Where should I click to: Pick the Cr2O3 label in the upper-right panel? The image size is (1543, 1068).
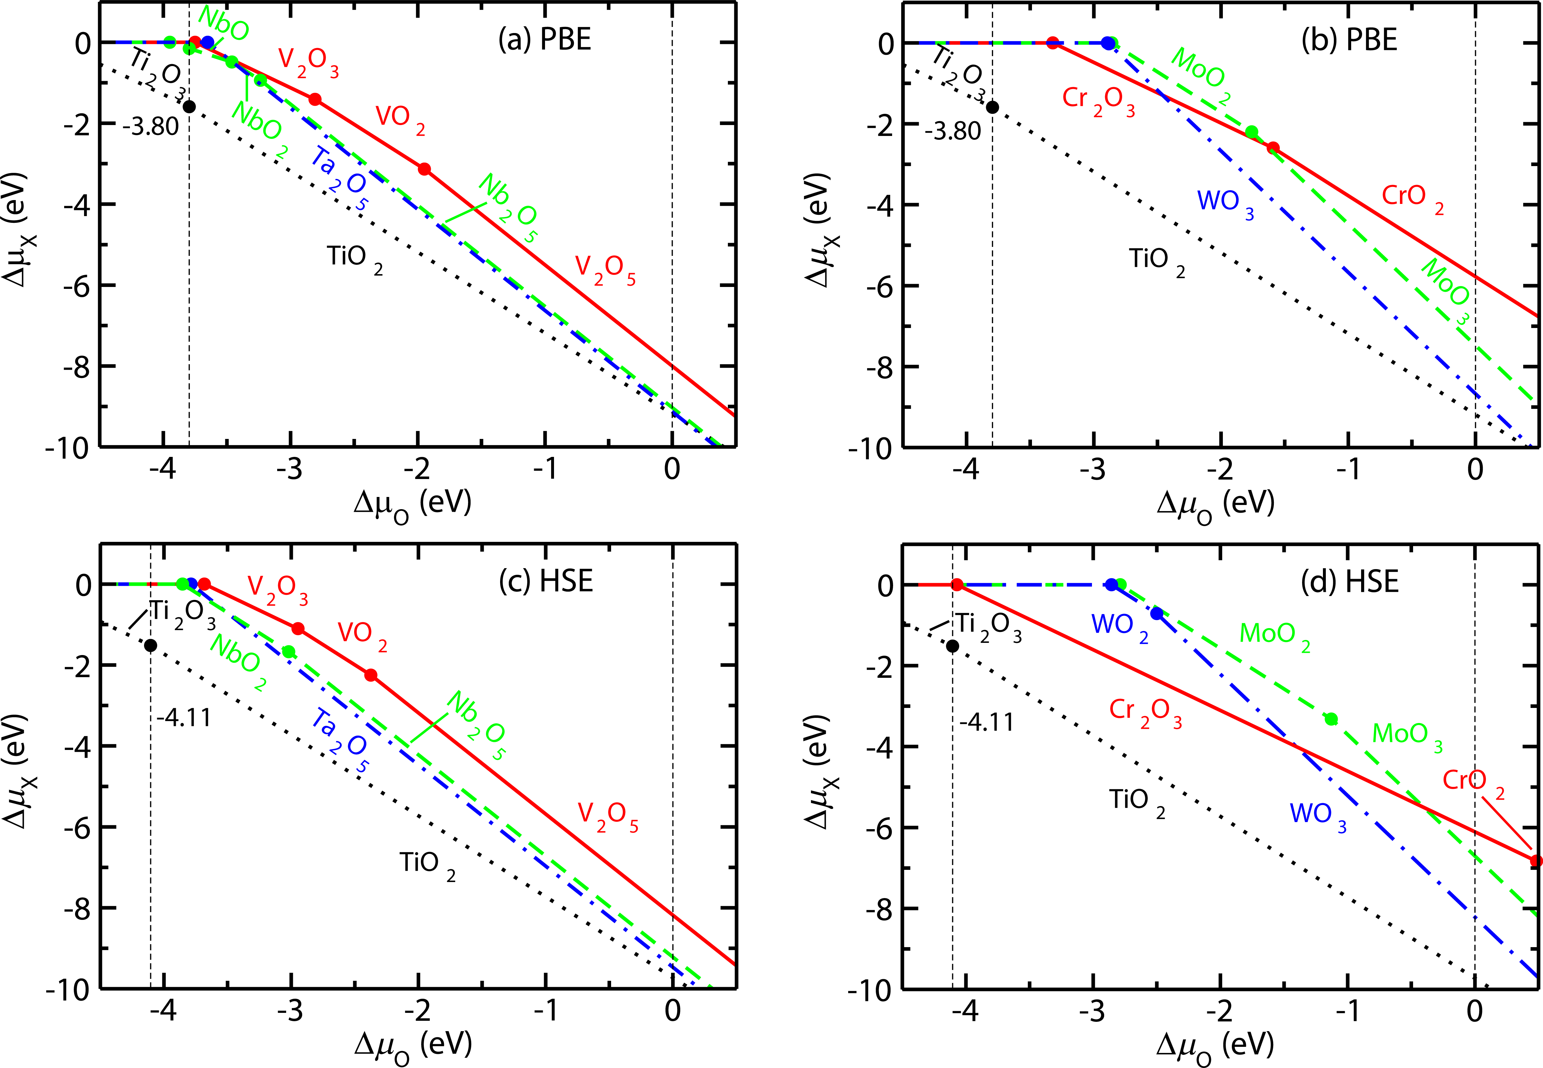[1098, 100]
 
